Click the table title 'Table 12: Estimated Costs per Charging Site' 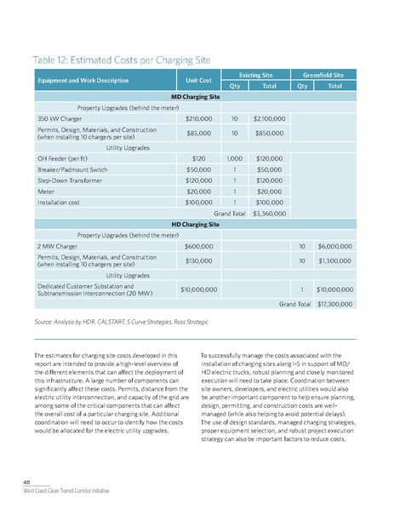coord(125,60)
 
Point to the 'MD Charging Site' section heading coord(196,96)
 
